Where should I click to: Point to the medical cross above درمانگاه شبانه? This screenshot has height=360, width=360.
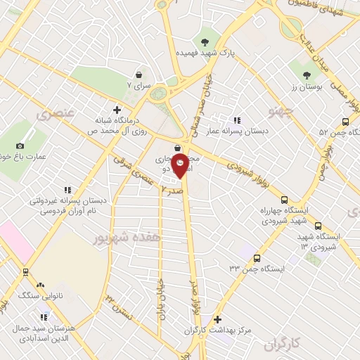coord(117,110)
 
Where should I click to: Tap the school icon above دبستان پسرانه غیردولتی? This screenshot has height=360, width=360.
coord(67,189)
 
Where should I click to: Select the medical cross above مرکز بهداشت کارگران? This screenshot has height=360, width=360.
coord(217,319)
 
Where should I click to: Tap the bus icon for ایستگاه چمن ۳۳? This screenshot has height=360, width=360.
coord(257,258)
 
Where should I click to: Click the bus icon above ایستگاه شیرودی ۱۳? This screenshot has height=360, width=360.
coord(319,226)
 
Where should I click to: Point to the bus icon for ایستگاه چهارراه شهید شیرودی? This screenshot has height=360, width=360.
coord(284,200)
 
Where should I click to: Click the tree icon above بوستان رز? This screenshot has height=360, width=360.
coord(305,75)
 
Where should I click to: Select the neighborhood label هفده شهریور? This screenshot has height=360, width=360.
coord(127,238)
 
